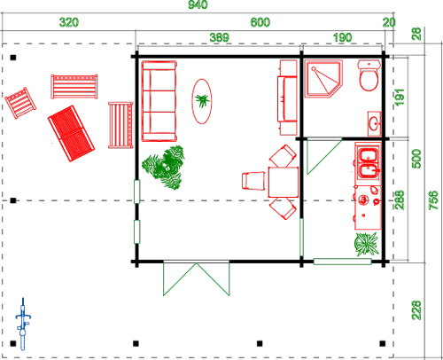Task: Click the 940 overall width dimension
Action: [x=198, y=4]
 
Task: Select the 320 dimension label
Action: [x=69, y=22]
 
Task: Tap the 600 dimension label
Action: [x=260, y=22]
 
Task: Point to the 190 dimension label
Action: [x=343, y=37]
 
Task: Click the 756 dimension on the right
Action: [x=433, y=200]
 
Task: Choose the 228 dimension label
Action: [x=416, y=310]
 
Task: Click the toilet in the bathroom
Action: [x=369, y=75]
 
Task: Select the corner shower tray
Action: [x=323, y=79]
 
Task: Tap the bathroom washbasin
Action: [x=375, y=124]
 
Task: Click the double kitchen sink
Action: [x=368, y=163]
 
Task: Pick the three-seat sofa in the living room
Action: [x=159, y=101]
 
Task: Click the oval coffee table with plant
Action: [x=202, y=101]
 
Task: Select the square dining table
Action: [x=284, y=182]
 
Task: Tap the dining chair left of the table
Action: [x=253, y=181]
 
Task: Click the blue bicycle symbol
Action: [x=23, y=324]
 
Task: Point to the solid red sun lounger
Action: [x=71, y=133]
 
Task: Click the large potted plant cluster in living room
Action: [x=163, y=168]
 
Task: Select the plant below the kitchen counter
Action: [x=367, y=244]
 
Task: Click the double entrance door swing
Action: [x=197, y=278]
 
